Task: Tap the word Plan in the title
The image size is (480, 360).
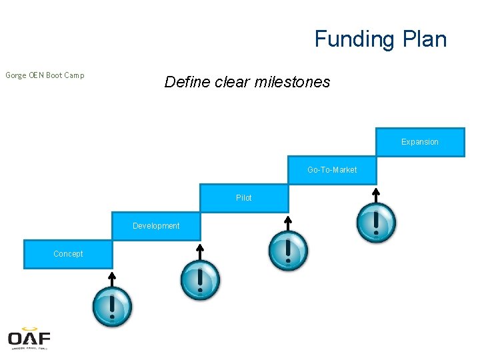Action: click(x=424, y=39)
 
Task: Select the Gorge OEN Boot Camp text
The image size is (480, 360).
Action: click(x=45, y=75)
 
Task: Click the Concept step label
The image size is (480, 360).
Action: click(x=68, y=254)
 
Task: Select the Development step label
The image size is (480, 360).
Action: click(x=156, y=226)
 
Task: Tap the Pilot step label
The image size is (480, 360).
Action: click(x=244, y=198)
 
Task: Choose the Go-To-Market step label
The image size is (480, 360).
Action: click(x=332, y=170)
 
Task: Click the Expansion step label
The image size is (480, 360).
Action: click(x=420, y=142)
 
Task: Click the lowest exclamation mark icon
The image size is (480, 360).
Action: click(x=112, y=307)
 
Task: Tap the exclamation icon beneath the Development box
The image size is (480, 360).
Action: click(x=200, y=280)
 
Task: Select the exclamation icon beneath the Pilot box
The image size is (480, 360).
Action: click(x=288, y=251)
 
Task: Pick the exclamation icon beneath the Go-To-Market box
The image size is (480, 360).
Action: click(x=376, y=223)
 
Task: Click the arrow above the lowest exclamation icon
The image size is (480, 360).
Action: click(x=112, y=279)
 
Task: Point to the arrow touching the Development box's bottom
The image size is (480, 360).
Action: click(x=200, y=251)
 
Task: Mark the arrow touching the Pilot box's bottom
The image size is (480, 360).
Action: click(x=288, y=222)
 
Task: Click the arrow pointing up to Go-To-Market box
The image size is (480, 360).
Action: click(x=376, y=195)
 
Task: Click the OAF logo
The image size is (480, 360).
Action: click(x=29, y=339)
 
